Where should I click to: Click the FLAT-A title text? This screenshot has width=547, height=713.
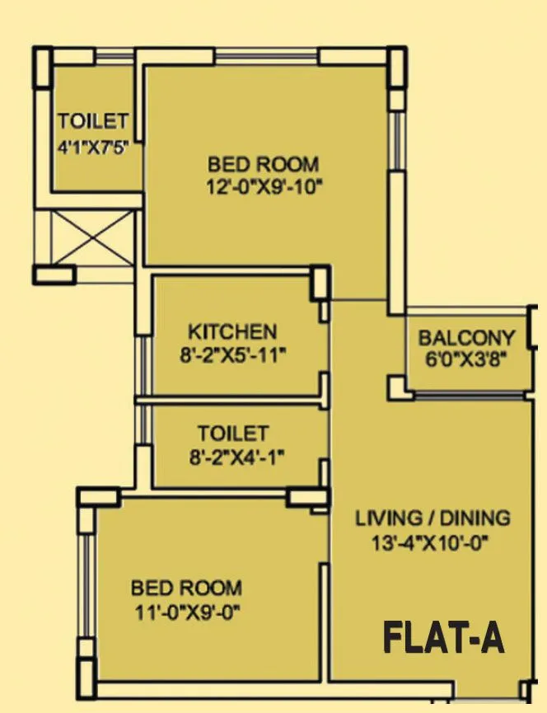pos(444,639)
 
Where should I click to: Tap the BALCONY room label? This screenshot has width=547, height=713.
pos(466,338)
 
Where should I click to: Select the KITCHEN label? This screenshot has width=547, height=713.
pos(232,332)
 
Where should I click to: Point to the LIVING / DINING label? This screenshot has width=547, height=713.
pos(432,518)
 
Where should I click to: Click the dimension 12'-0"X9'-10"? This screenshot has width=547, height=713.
pos(263,186)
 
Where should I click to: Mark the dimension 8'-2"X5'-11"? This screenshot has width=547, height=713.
pos(232,355)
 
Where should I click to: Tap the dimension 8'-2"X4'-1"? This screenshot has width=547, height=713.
pos(232,456)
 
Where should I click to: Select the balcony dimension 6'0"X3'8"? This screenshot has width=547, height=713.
pos(466,359)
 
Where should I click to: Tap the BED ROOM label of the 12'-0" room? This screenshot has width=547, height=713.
pos(263,163)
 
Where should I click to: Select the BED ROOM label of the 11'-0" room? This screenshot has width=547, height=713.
pos(187,589)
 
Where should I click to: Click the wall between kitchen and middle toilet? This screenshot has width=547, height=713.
pos(232,401)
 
